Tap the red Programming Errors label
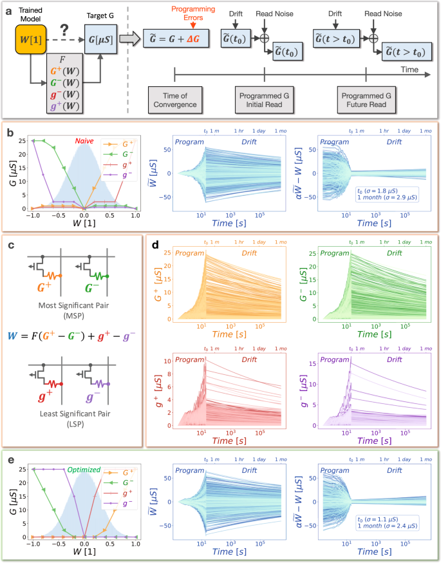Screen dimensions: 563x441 pos(207,15)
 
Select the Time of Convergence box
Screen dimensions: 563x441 pos(174,100)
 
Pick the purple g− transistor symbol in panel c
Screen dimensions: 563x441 pos(98,386)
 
